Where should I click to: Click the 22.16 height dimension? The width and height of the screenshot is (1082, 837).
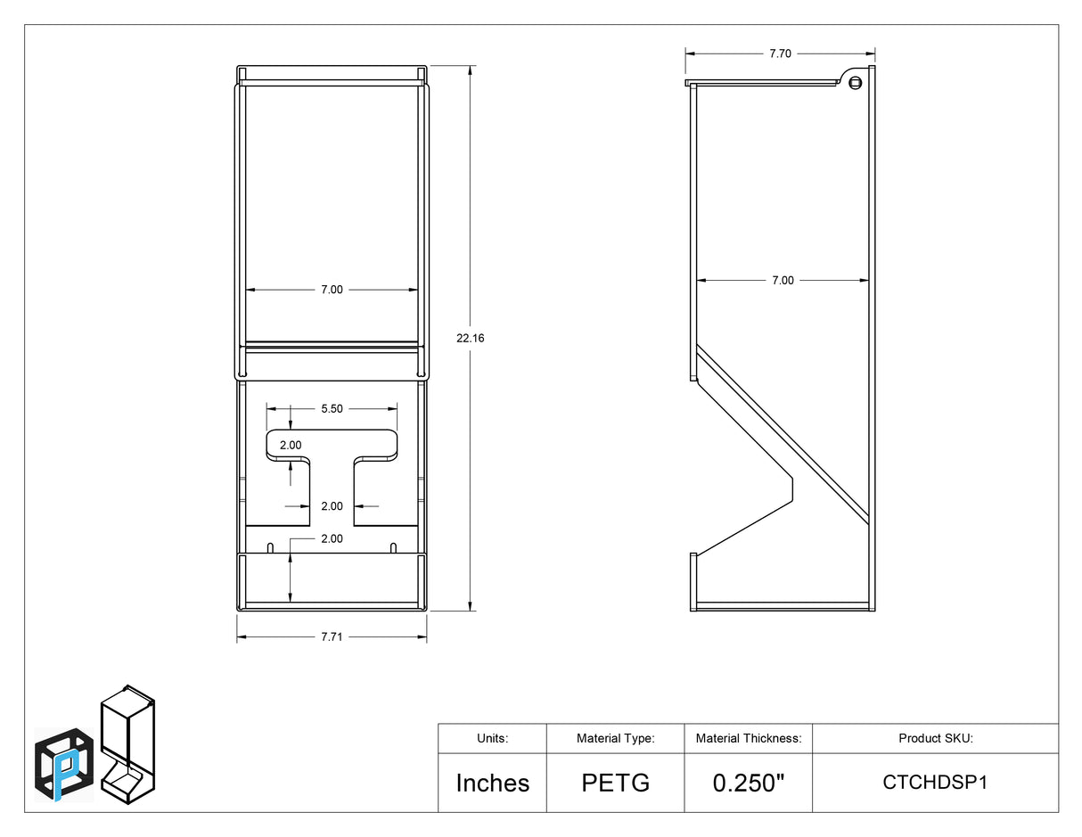point(470,338)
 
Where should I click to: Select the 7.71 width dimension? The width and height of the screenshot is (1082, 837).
point(332,636)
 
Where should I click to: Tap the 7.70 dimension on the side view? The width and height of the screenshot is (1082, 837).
point(780,53)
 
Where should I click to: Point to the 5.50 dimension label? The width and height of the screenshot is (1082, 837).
point(332,409)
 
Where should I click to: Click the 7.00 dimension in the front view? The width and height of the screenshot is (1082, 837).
point(332,290)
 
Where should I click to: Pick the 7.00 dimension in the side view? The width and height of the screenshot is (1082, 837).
point(783,280)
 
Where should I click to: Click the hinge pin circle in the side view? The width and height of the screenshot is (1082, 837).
point(856,83)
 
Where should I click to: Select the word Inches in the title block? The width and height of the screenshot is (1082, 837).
point(493,783)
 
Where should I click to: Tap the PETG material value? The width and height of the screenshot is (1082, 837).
point(616,783)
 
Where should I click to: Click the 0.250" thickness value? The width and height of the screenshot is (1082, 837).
point(749,783)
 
